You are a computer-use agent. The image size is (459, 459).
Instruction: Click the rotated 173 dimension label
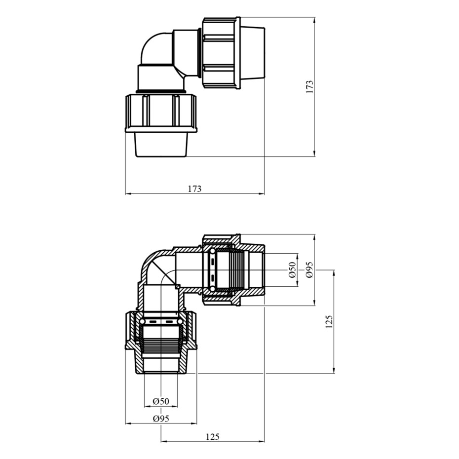pyautogui.click(x=309, y=87)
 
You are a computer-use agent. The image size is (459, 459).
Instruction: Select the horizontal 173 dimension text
pyautogui.click(x=194, y=189)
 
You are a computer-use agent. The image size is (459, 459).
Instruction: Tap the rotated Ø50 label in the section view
pyautogui.click(x=293, y=270)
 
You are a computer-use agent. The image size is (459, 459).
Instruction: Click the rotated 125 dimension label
pyautogui.click(x=329, y=321)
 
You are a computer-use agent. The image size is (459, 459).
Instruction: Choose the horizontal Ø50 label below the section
pyautogui.click(x=161, y=401)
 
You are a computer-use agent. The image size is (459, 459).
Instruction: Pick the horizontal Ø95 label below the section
pyautogui.click(x=161, y=419)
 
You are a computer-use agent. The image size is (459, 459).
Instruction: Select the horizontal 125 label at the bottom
pyautogui.click(x=213, y=437)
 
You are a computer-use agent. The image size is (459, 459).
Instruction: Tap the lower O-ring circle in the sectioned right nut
pyautogui.click(x=212, y=289)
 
